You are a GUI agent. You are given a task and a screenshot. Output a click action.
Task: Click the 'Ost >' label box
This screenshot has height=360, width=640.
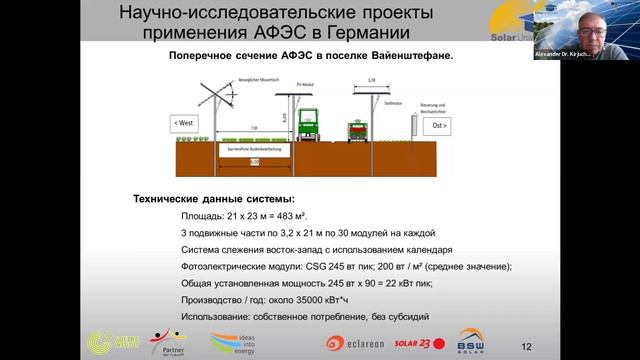tap(439, 127)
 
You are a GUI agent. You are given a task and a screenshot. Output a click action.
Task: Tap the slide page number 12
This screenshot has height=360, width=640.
tap(527, 346)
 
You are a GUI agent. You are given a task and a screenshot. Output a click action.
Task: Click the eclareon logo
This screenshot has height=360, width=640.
tap(353, 342)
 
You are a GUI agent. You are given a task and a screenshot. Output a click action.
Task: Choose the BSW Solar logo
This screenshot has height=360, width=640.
tap(470, 341)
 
